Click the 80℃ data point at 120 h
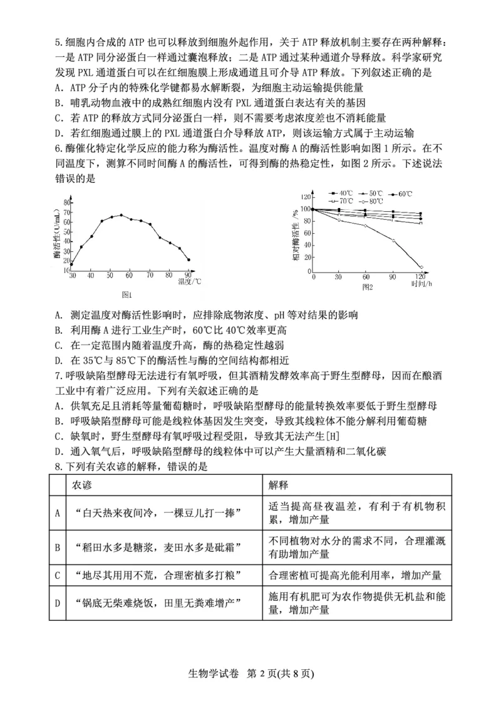click(421, 267)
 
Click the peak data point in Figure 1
click(121, 215)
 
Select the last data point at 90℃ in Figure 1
click(189, 259)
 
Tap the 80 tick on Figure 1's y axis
click(67, 202)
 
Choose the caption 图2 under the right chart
click(367, 287)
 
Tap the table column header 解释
click(279, 485)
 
